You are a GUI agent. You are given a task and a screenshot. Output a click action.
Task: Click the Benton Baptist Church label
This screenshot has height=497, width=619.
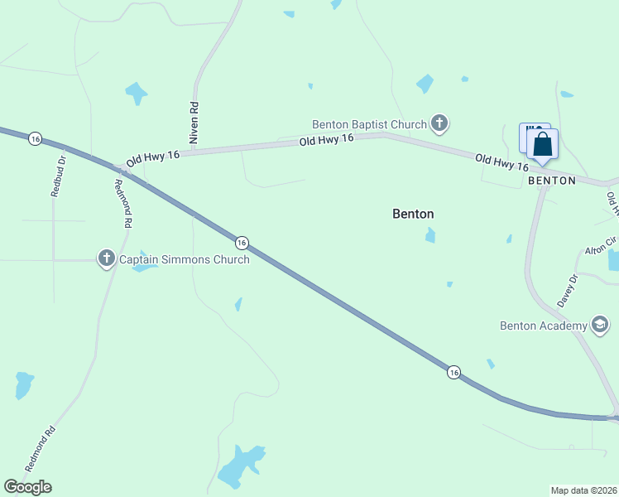(368, 124)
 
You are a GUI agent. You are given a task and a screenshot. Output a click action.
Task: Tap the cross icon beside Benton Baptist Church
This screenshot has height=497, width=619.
(439, 125)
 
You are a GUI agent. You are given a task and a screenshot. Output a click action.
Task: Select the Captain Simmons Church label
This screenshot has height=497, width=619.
(184, 259)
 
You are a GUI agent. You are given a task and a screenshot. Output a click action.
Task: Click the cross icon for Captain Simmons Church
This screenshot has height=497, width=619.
(106, 259)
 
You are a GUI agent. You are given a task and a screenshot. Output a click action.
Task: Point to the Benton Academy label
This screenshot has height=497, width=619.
(543, 325)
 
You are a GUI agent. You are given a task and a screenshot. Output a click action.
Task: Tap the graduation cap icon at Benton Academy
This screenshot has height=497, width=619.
(600, 325)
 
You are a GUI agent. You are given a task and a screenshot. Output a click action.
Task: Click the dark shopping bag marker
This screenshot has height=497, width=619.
(543, 144)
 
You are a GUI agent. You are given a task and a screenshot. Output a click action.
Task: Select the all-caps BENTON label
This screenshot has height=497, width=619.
(551, 180)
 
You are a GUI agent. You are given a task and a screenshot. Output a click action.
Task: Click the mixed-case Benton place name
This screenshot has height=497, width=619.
(413, 214)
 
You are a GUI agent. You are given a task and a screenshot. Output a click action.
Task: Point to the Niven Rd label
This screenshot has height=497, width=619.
(194, 123)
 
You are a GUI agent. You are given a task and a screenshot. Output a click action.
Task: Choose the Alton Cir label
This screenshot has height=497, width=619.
(601, 246)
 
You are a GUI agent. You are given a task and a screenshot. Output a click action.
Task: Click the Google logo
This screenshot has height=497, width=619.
(27, 487)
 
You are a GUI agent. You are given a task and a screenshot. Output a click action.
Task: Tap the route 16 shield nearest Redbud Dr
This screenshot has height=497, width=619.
(35, 138)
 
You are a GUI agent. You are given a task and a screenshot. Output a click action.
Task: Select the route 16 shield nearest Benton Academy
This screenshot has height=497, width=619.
(453, 372)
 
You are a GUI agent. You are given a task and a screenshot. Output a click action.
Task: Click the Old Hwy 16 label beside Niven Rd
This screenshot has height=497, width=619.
(153, 156)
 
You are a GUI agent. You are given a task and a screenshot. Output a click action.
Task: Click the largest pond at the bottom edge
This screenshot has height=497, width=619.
(239, 466)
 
